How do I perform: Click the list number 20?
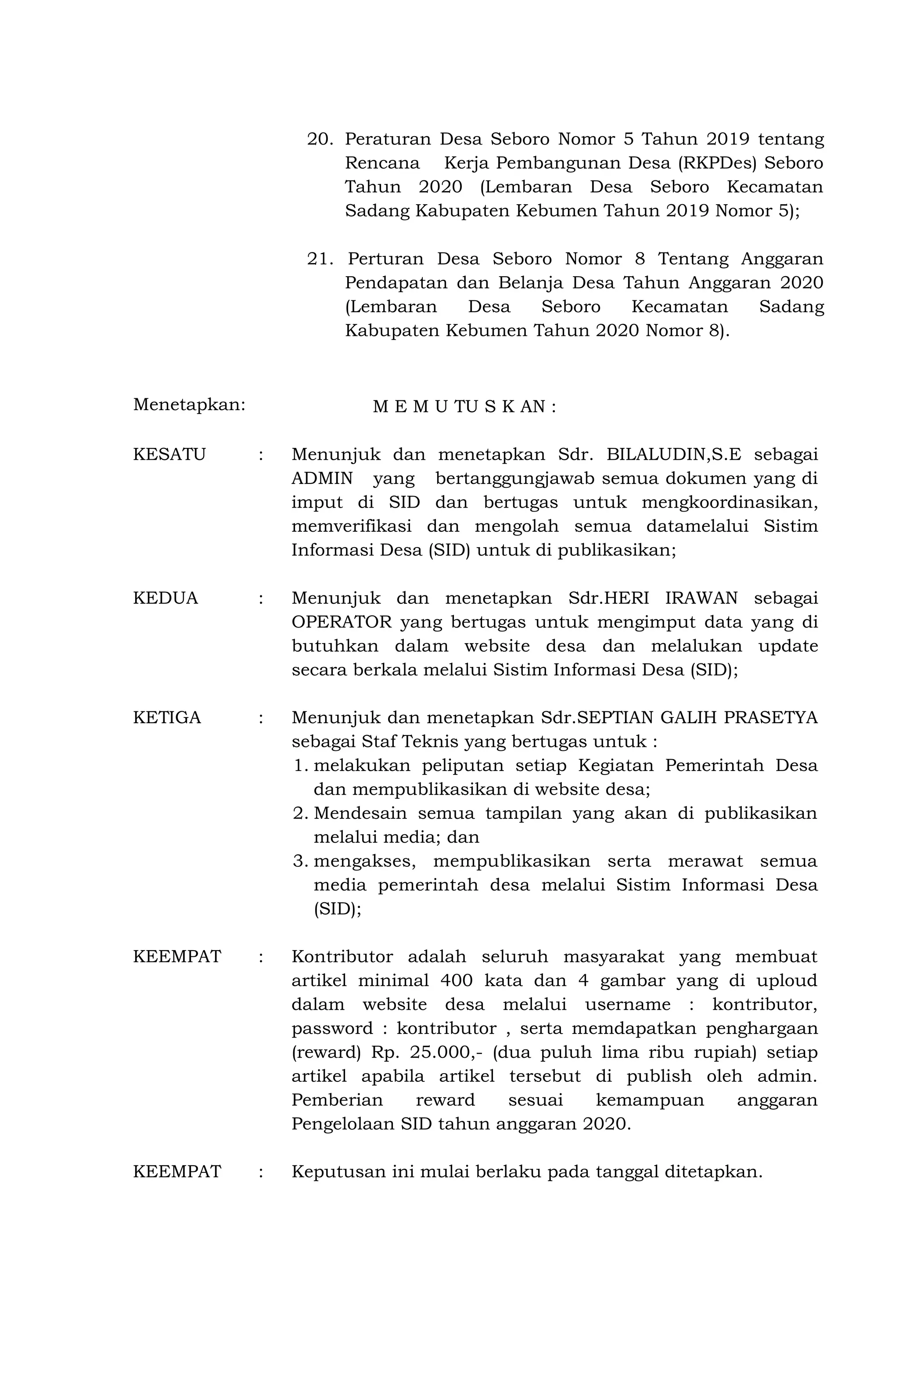pos(320,139)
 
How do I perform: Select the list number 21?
pos(320,259)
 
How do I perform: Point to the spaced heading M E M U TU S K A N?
pos(464,407)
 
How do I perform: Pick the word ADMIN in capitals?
pos(322,478)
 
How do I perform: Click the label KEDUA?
pos(165,598)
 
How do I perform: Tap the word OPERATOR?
pos(342,622)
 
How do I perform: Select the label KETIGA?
pos(167,717)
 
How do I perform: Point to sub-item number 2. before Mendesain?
pos(300,813)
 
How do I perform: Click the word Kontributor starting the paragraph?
pos(342,956)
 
